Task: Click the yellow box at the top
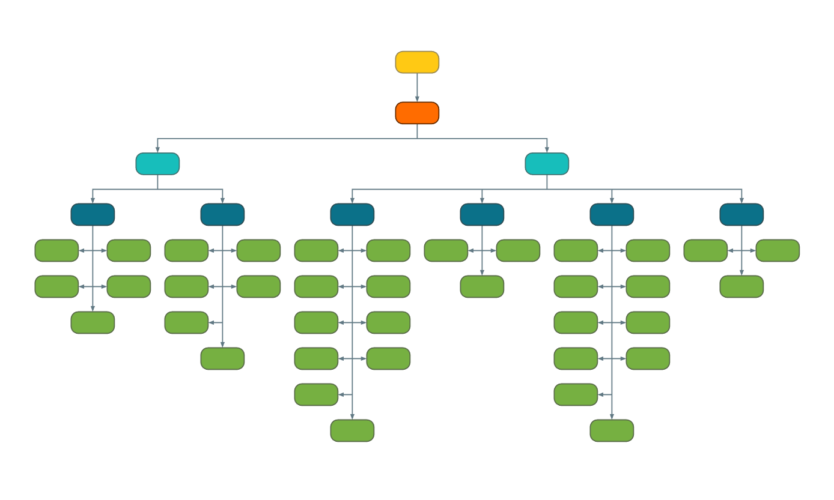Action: point(417,62)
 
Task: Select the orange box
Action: point(417,113)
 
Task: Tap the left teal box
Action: point(157,164)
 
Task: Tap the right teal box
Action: point(547,164)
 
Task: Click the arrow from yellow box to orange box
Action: point(417,88)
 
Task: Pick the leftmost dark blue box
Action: point(93,214)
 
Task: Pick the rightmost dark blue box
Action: point(741,214)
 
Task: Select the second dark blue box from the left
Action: point(222,214)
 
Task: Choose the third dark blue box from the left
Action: point(352,214)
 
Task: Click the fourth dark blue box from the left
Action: point(482,214)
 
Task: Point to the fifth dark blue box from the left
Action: point(612,214)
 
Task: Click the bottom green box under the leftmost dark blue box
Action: point(93,322)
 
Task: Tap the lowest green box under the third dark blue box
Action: point(352,430)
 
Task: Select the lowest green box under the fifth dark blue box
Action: point(612,430)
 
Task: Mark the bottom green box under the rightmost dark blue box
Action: point(741,286)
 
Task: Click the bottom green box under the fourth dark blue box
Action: point(482,286)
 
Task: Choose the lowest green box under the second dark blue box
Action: point(222,358)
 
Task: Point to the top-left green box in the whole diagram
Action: point(56,250)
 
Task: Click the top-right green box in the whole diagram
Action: point(778,250)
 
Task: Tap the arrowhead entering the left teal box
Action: point(157,150)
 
